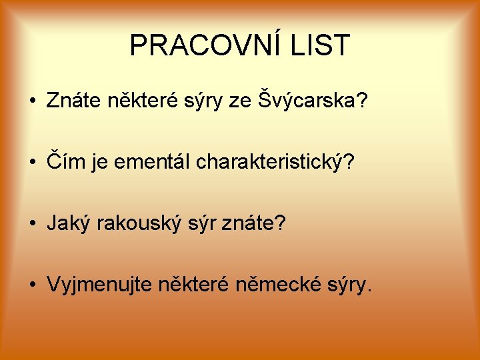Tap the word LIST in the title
click(319, 45)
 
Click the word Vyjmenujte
click(100, 285)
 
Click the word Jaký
click(69, 223)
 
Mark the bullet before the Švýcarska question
click(31, 101)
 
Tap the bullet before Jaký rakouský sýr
click(31, 224)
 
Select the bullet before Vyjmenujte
click(31, 285)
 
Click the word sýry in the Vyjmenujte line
click(349, 285)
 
